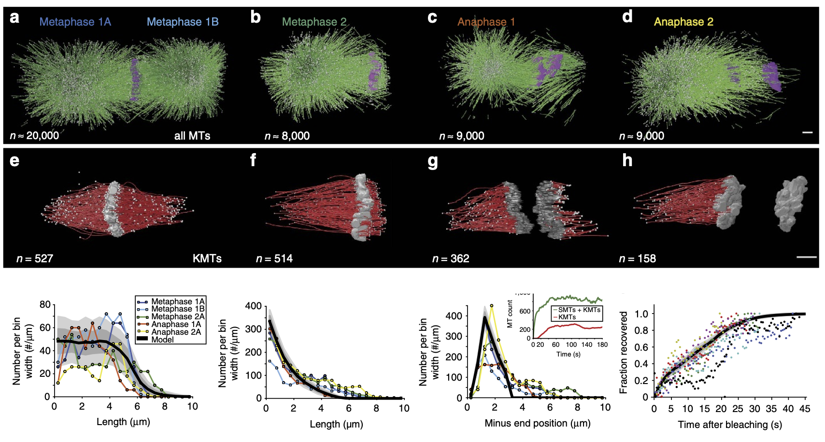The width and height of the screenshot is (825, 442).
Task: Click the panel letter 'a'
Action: [14, 18]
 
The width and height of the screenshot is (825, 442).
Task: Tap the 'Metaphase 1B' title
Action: [183, 22]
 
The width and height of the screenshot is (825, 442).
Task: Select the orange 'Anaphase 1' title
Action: [486, 22]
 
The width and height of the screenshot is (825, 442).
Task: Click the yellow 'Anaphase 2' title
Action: [683, 22]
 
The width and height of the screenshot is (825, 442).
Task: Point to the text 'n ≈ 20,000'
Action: [34, 136]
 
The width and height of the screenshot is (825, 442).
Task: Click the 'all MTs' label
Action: [192, 136]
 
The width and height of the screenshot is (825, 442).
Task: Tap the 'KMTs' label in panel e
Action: [207, 258]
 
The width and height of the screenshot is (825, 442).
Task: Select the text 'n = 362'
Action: [451, 258]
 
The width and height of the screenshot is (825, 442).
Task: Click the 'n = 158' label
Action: [637, 258]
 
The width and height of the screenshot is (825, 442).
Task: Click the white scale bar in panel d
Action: [807, 132]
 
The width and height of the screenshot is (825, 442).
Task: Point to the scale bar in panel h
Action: [806, 257]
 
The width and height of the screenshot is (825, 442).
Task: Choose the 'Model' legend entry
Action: [162, 340]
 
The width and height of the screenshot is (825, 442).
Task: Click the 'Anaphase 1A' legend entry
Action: [176, 324]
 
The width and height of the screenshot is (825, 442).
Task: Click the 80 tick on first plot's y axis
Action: [45, 304]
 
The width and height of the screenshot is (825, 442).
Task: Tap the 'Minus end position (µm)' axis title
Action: [537, 424]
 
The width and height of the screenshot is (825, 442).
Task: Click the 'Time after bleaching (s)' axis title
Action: [729, 425]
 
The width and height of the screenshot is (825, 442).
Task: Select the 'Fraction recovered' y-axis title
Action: [624, 352]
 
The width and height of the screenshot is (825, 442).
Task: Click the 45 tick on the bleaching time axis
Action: [804, 409]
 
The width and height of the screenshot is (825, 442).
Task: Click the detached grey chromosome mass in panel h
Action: [791, 203]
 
